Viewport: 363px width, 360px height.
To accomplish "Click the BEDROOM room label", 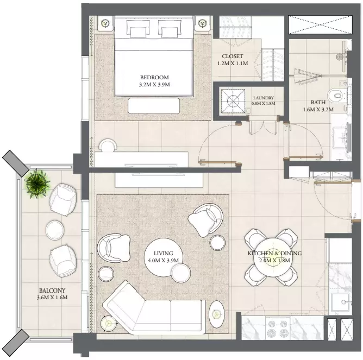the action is pyautogui.click(x=154, y=77).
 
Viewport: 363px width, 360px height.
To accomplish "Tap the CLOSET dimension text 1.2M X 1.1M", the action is pyautogui.click(x=233, y=63).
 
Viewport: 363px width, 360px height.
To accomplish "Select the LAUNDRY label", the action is pyautogui.click(x=264, y=98).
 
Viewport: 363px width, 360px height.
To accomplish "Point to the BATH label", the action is pyautogui.click(x=318, y=102).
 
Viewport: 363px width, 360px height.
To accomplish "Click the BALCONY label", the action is pyautogui.click(x=52, y=290).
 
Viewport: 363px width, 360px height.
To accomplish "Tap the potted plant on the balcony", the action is pyautogui.click(x=36, y=184).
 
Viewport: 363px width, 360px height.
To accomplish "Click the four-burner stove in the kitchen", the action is pyautogui.click(x=278, y=329).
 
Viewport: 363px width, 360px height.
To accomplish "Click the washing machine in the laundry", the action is pyautogui.click(x=233, y=101).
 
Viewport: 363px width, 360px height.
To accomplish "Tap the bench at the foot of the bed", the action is pyautogui.click(x=154, y=106).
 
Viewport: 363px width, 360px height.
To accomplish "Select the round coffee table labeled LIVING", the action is pyautogui.click(x=163, y=257).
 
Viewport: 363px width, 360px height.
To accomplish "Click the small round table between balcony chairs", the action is pyautogui.click(x=55, y=230).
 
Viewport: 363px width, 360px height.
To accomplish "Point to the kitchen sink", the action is pyautogui.click(x=341, y=302).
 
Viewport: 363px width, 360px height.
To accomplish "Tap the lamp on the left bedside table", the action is pyautogui.click(x=105, y=23).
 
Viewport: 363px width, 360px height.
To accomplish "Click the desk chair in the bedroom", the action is pyautogui.click(x=108, y=145).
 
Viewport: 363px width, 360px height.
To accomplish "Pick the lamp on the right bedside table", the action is pyautogui.click(x=203, y=23).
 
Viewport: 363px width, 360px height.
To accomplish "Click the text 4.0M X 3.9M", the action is pyautogui.click(x=163, y=261).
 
